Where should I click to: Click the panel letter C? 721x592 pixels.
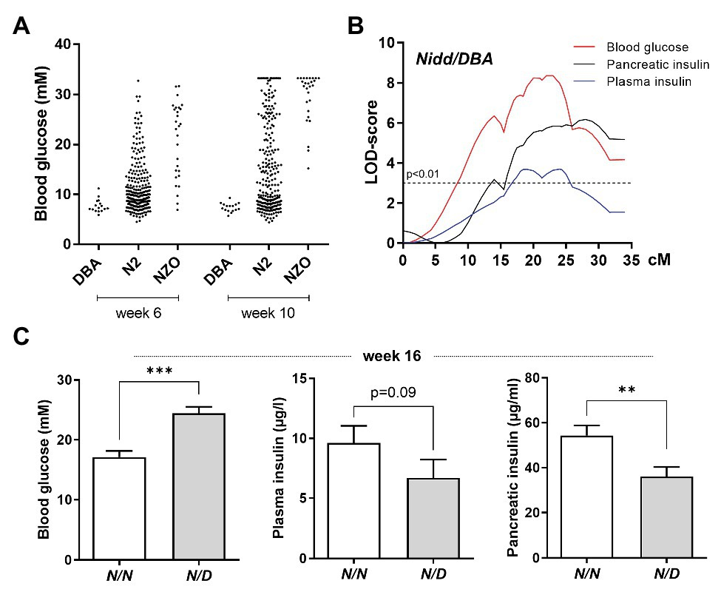coord(22,336)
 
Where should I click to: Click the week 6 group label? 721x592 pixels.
coord(138,313)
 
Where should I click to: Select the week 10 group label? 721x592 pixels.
coord(268,313)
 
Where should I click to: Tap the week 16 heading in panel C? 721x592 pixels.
coord(391,357)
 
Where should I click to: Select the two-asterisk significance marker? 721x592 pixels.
coord(626,390)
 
